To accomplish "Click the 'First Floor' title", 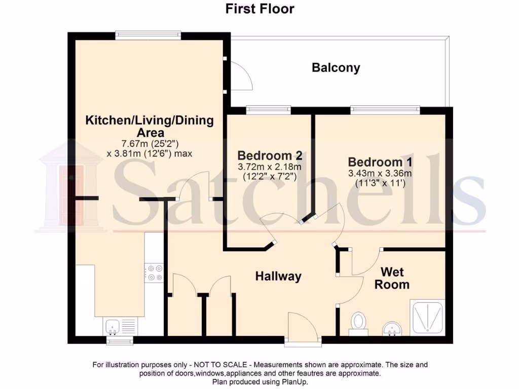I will point(259,9).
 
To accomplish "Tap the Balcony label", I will point(336,67).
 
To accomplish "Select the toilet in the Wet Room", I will point(359,322).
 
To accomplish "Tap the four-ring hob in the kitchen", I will point(154,273).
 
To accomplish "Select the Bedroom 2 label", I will point(270,155).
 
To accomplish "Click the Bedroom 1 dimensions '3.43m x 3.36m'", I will point(380,173).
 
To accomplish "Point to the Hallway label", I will point(278,276).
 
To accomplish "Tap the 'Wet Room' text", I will point(392,278).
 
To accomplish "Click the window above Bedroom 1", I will point(385,109).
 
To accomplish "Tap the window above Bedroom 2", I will point(269,109).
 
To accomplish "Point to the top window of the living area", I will point(147,35).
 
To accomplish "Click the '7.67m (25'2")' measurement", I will point(149,143).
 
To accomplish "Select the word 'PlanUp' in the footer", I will point(293,382).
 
